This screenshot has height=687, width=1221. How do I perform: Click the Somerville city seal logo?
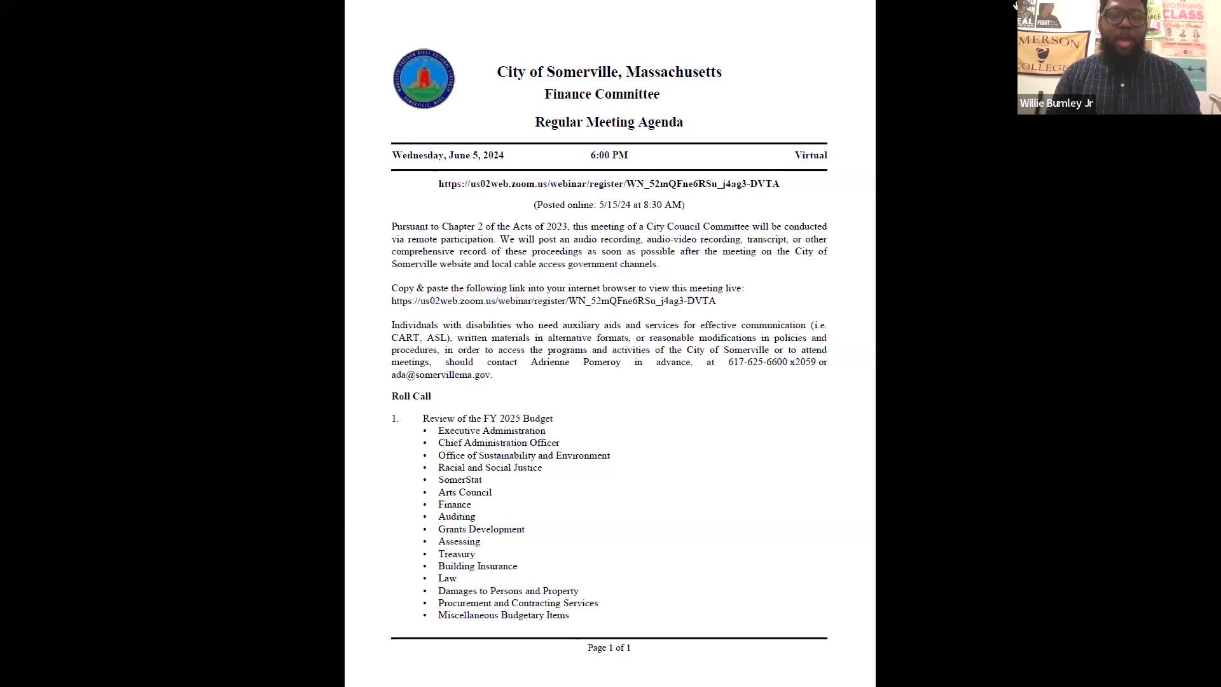tap(424, 79)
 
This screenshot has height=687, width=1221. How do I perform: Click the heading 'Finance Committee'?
tap(602, 94)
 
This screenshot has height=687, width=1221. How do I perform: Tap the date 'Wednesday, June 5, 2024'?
tap(448, 155)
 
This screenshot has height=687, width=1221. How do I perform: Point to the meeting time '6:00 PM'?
tap(609, 155)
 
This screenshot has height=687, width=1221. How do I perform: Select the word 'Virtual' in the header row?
tap(810, 155)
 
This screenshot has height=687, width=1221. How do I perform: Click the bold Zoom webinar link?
tap(609, 184)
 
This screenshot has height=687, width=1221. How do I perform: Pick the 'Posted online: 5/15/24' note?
tap(609, 205)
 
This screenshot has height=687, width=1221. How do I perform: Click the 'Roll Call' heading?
tap(411, 396)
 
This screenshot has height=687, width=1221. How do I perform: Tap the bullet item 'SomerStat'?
tap(460, 480)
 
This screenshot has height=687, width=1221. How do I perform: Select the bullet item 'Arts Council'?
tap(464, 492)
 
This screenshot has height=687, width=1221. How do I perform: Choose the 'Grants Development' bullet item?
tap(481, 529)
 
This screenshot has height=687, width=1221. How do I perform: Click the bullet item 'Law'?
tap(447, 578)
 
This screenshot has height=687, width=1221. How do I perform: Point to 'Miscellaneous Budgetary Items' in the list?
tap(503, 615)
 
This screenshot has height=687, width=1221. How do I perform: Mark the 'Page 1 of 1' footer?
tap(609, 648)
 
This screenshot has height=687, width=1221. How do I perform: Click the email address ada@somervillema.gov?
tap(441, 375)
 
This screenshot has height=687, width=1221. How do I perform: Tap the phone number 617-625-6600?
tap(757, 362)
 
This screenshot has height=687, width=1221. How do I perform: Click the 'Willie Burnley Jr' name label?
tap(1056, 103)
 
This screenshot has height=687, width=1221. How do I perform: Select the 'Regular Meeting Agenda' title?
tap(609, 122)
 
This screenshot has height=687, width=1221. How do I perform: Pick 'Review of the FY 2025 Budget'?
tap(487, 419)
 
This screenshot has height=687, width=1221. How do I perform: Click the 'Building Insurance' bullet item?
tap(477, 566)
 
